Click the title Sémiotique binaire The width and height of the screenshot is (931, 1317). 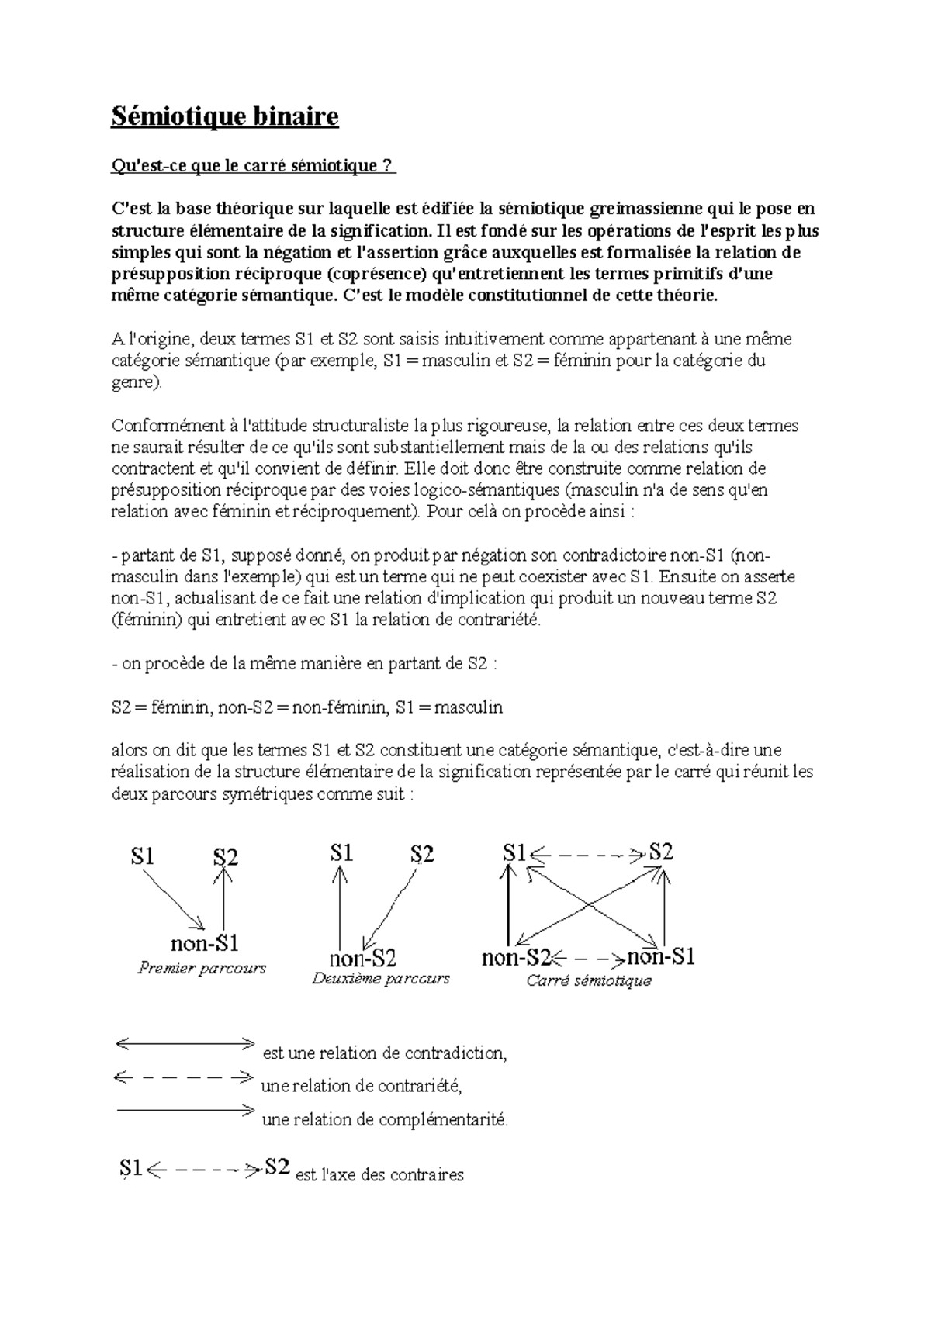pyautogui.click(x=226, y=117)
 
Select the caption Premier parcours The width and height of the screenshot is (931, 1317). pyautogui.click(x=202, y=968)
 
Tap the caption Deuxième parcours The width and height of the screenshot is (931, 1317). pyautogui.click(x=380, y=978)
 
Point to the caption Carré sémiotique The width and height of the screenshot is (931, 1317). pyautogui.click(x=589, y=980)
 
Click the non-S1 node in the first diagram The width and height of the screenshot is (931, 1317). pyautogui.click(x=204, y=943)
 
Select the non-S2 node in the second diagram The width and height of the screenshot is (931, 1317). pyautogui.click(x=363, y=958)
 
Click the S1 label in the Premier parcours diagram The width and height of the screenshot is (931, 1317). pyautogui.click(x=142, y=856)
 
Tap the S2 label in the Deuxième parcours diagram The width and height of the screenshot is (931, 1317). pyautogui.click(x=422, y=854)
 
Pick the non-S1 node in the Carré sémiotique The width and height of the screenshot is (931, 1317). pyautogui.click(x=660, y=956)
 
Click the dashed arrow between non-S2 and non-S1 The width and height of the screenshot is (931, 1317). pyautogui.click(x=590, y=959)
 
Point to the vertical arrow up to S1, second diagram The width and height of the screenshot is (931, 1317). pyautogui.click(x=340, y=907)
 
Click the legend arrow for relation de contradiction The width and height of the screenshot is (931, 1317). pyautogui.click(x=185, y=1044)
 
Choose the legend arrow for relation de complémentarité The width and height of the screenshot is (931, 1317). pyautogui.click(x=185, y=1111)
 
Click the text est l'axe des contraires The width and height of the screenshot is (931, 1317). pyautogui.click(x=379, y=1175)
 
